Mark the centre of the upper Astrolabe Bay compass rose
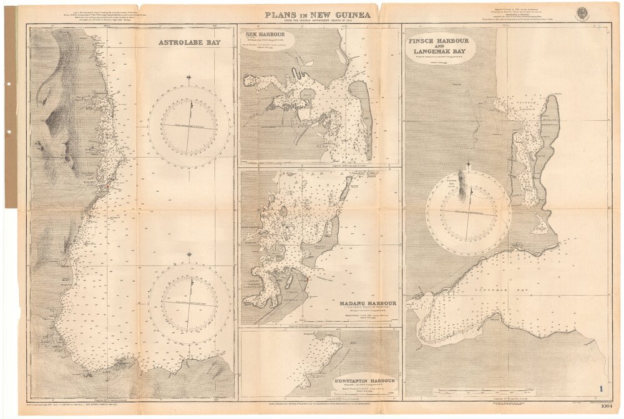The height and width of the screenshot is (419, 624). pyautogui.click(x=190, y=127)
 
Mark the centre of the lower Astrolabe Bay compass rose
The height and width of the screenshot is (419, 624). pyautogui.click(x=190, y=303)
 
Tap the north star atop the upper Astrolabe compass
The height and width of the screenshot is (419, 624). pyautogui.click(x=190, y=79)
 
